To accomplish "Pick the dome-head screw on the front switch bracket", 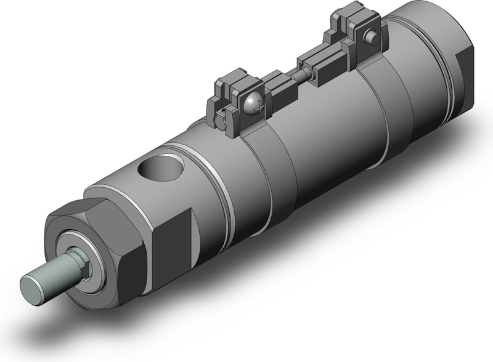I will point(253,104).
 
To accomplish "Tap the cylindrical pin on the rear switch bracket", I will point(372,38).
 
